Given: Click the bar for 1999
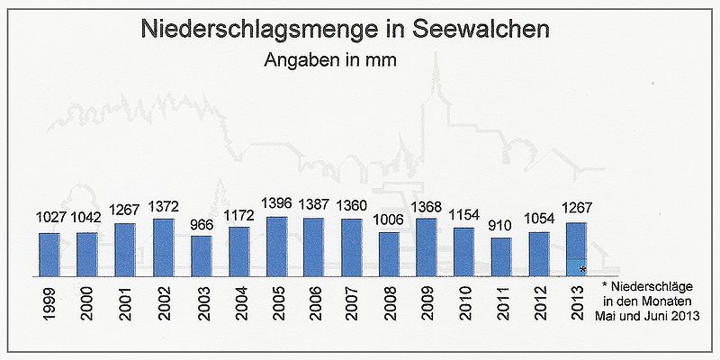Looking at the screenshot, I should tap(49, 255).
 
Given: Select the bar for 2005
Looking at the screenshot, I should tap(276, 247).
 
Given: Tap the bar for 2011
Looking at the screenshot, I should tap(502, 256).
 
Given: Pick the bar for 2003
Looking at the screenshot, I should tap(201, 256).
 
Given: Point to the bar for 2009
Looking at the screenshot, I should tap(427, 247).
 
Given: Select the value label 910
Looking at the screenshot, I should tap(502, 227).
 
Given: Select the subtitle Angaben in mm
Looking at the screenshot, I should tap(330, 61).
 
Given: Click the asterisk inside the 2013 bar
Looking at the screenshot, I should tap(583, 269).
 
